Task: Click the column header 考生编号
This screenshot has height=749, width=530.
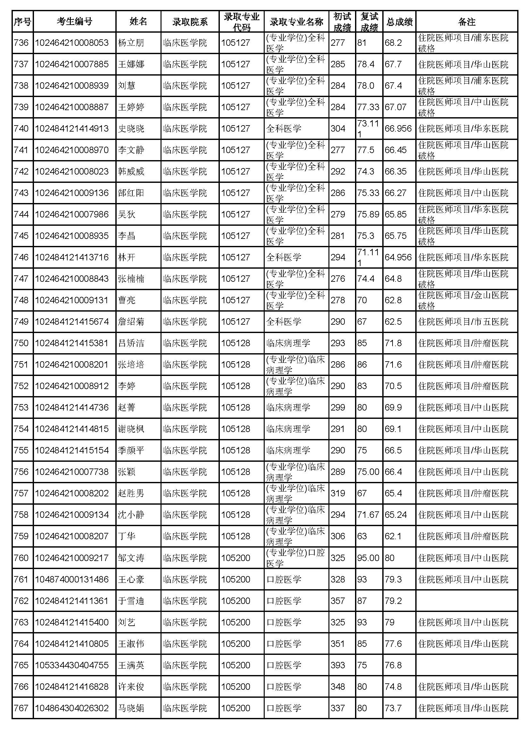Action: pyautogui.click(x=74, y=22)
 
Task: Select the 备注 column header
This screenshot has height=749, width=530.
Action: pyautogui.click(x=466, y=22)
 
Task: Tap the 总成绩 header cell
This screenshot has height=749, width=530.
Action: pyautogui.click(x=399, y=22)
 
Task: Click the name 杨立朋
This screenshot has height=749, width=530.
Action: pyautogui.click(x=131, y=43)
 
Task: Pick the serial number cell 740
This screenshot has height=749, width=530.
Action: pyautogui.click(x=21, y=128)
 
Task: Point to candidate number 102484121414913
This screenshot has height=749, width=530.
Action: pyautogui.click(x=72, y=128)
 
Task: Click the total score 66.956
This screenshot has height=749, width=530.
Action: pyautogui.click(x=398, y=128)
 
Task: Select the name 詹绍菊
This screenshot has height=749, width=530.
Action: pyautogui.click(x=131, y=322)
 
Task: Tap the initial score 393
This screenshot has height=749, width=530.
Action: pyautogui.click(x=338, y=665)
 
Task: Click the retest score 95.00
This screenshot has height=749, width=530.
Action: pyautogui.click(x=368, y=558)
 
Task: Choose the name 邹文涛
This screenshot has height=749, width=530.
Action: pyautogui.click(x=131, y=558)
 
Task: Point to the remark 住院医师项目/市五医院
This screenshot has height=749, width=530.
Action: pyautogui.click(x=463, y=322)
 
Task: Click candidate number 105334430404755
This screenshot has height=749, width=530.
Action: pyautogui.click(x=72, y=665)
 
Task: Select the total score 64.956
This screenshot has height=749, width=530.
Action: pyautogui.click(x=398, y=257)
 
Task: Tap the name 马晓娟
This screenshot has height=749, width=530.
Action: pyautogui.click(x=131, y=708)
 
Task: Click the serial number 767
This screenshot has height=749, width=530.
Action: pyautogui.click(x=21, y=708)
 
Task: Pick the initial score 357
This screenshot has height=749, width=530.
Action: pyautogui.click(x=338, y=601)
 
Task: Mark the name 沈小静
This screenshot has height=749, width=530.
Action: pyautogui.click(x=131, y=515)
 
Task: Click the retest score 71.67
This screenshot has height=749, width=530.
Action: pyautogui.click(x=368, y=515)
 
